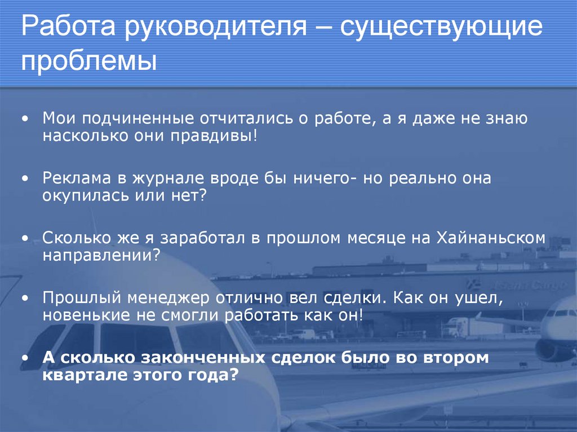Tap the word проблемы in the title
coord(89,60)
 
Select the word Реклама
coord(77,179)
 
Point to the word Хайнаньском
coord(491,238)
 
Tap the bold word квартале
coord(81,375)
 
